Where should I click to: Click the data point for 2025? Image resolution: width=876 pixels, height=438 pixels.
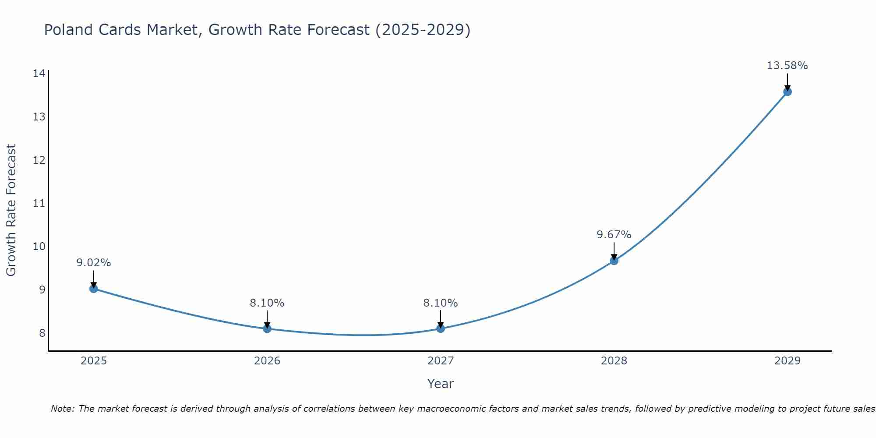pos(93,289)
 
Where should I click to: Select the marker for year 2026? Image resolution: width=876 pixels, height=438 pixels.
pos(267,328)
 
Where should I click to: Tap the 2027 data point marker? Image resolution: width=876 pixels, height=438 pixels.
pos(441,328)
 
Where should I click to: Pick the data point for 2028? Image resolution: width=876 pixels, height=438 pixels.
pos(614,261)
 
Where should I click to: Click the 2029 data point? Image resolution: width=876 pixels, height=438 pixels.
pos(788,92)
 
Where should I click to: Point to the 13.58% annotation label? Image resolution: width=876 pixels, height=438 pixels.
pos(787,66)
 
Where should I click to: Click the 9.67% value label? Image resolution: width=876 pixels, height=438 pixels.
pos(614,235)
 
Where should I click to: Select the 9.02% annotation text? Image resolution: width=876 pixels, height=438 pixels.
pos(93,263)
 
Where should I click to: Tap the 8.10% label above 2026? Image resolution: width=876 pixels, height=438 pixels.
pos(267,303)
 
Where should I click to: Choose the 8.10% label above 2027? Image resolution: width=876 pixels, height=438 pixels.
pos(441,303)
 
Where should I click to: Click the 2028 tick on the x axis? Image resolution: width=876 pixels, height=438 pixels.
pos(614,361)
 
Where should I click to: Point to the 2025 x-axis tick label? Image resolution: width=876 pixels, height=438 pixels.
pos(94,361)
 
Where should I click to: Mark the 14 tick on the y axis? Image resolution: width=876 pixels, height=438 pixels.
pos(39,73)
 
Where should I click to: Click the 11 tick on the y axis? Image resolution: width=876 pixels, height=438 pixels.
pos(39,203)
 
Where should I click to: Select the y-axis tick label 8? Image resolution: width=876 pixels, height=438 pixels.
pos(42,333)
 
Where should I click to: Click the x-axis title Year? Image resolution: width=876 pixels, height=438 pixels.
pos(440,384)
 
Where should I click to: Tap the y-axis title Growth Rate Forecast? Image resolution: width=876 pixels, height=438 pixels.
pos(11,210)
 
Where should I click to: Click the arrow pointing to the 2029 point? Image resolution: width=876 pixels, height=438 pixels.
pos(788,81)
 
